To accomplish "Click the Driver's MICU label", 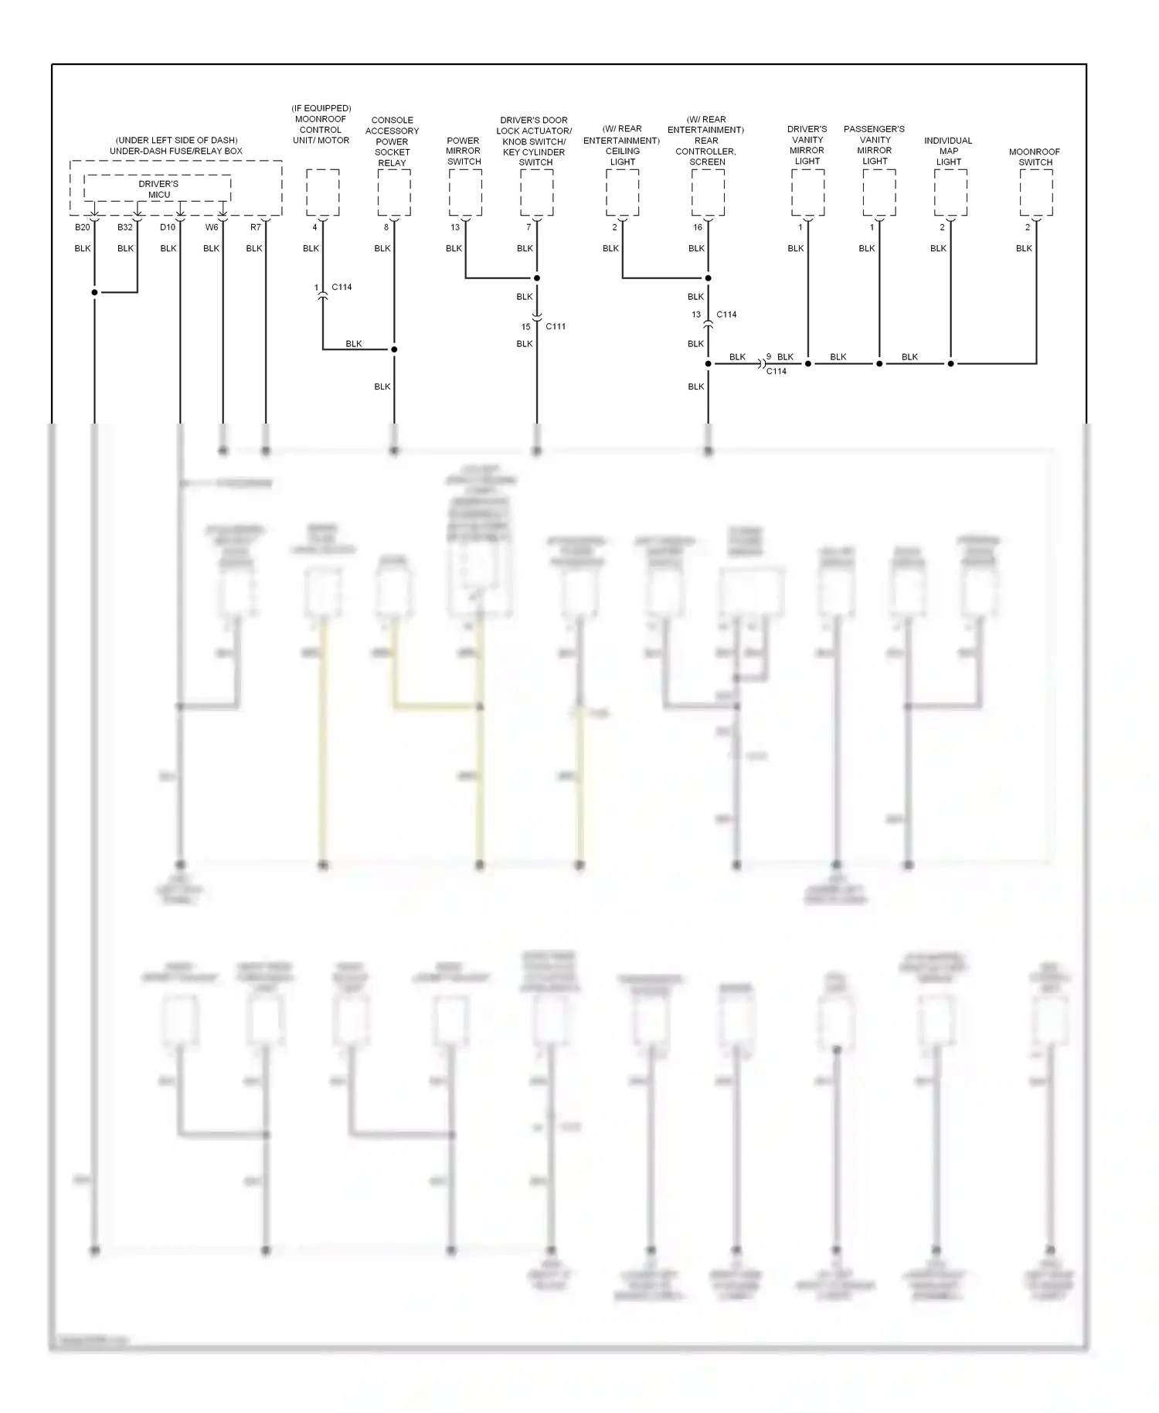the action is click(158, 189).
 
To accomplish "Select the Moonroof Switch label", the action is click(1035, 157).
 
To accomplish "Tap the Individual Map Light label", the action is click(948, 152).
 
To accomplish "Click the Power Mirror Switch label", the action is click(464, 152).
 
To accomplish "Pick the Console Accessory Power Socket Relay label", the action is click(392, 141).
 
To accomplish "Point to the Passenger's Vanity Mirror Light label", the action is click(875, 145).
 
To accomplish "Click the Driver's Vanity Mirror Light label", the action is click(807, 145).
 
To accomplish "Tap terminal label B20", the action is click(82, 227).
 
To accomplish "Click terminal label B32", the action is click(125, 227).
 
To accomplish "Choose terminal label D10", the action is click(168, 227).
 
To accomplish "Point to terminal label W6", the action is click(212, 227).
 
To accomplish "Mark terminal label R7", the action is click(255, 227).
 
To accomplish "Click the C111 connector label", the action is click(556, 326).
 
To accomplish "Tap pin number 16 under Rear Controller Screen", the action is click(697, 227).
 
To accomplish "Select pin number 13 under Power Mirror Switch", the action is click(455, 227).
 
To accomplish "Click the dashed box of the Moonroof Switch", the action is click(1036, 192).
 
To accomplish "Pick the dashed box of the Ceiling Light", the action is click(622, 192).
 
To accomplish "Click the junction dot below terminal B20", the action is click(94, 292).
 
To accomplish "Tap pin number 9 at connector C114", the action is click(769, 357).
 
